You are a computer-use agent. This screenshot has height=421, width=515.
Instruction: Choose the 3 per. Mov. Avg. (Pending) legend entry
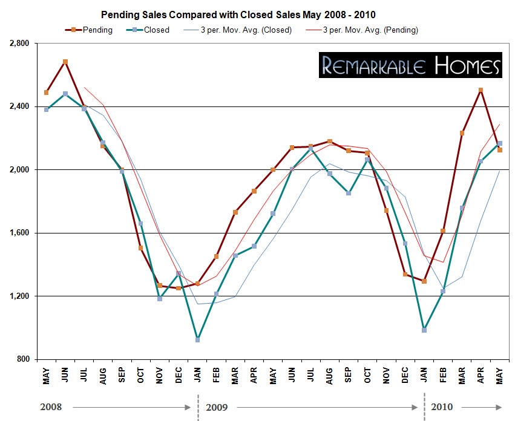pos(370,30)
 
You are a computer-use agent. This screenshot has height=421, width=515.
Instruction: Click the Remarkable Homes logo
pos(411,65)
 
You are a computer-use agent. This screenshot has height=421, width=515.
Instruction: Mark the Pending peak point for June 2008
pos(65,62)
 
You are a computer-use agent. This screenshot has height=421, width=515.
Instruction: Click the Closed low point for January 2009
pos(197,340)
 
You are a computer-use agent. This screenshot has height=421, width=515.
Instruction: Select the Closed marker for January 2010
pos(424,330)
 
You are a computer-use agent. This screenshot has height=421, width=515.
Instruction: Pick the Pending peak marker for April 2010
pos(481,90)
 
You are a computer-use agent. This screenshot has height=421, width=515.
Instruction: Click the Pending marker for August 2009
pos(330,142)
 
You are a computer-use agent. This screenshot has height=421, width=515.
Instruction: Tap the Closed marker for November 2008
pos(160,299)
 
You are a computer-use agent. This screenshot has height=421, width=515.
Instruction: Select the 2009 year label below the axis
pos(216,407)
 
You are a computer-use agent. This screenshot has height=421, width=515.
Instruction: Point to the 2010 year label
pos(442,407)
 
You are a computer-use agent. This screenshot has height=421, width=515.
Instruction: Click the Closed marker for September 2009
pos(349,193)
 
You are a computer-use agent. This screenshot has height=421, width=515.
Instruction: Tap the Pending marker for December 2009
pos(405,275)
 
